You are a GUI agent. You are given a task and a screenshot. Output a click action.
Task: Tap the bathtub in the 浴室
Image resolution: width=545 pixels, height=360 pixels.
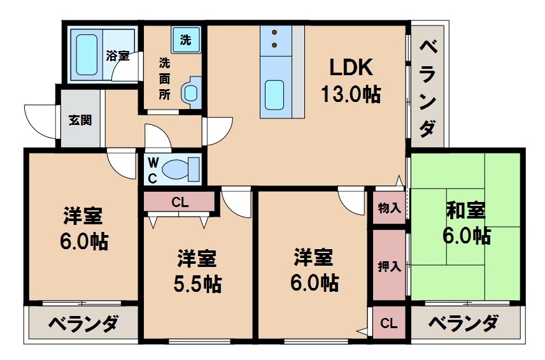(86, 54)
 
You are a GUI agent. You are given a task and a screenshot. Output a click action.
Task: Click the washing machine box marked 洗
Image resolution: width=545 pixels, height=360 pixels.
(185, 40)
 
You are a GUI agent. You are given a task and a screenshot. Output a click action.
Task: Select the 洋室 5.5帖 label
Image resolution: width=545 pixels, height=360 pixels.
(197, 271)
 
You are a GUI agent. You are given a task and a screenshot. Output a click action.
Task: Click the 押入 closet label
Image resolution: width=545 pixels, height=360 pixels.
(389, 266)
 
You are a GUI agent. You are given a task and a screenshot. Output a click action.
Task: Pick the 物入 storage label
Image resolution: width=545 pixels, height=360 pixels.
(389, 208)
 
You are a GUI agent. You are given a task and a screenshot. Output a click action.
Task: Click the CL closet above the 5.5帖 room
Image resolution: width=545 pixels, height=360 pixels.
(180, 203)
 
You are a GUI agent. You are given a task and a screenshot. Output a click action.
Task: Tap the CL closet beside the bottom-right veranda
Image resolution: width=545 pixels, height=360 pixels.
(388, 324)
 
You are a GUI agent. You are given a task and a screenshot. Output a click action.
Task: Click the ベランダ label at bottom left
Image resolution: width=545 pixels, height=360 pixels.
(83, 324)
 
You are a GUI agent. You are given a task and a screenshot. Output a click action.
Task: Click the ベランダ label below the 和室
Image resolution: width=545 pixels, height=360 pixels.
(463, 324)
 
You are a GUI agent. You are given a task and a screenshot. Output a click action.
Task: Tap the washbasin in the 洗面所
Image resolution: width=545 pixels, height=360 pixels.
(190, 93)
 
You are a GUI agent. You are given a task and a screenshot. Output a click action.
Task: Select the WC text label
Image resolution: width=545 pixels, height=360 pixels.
(152, 170)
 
